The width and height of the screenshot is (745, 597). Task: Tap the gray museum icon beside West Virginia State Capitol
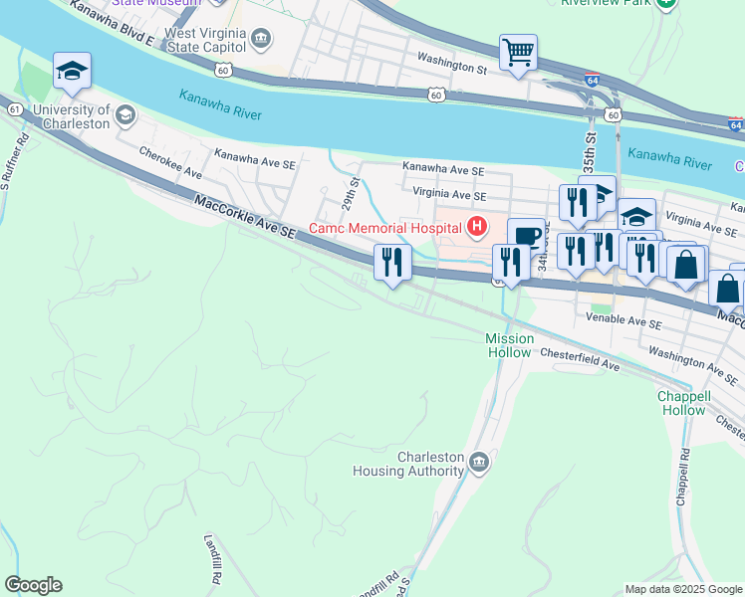click(261, 40)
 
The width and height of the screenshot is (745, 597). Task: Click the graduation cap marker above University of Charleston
click(72, 71)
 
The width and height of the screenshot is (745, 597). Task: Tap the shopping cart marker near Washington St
click(518, 52)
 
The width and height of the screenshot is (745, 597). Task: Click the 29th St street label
click(352, 188)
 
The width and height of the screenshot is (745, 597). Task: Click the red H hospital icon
click(476, 228)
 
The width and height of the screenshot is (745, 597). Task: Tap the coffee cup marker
click(526, 237)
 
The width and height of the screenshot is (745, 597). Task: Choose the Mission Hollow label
click(509, 345)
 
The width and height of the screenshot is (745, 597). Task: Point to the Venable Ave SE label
click(622, 323)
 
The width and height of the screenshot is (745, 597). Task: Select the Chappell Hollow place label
click(683, 402)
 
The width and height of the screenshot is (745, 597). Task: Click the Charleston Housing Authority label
click(430, 464)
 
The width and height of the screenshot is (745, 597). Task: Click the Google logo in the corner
click(33, 584)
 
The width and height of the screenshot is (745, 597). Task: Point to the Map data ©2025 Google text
click(683, 589)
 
